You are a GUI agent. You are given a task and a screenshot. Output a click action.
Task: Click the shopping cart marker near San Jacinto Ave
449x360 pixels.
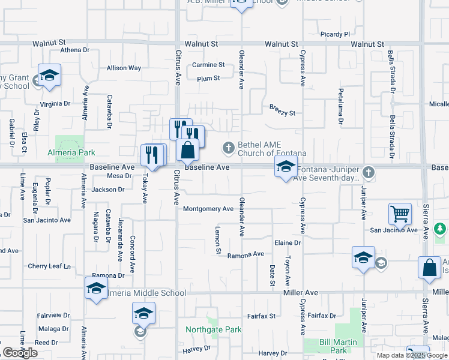pyautogui.click(x=400, y=214)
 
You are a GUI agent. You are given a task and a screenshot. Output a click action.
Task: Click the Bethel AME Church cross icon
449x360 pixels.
pyautogui.click(x=228, y=147)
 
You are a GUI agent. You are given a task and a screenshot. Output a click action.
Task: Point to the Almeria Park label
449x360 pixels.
pyautogui.click(x=71, y=153)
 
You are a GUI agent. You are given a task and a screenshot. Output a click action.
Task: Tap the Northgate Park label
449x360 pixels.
pyautogui.click(x=213, y=329)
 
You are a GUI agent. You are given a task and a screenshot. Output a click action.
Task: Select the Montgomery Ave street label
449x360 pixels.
pyautogui.click(x=208, y=209)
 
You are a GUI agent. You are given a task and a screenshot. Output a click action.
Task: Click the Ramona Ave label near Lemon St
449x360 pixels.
pyautogui.click(x=246, y=254)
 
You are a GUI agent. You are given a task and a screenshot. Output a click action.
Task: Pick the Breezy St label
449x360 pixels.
pyautogui.click(x=282, y=113)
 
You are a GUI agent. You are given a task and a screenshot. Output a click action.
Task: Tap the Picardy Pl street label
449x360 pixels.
pyautogui.click(x=335, y=34)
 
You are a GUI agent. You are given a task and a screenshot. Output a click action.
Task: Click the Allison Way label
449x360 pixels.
pyautogui.click(x=124, y=68)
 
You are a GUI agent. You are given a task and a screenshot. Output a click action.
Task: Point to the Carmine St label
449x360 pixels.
pyautogui.click(x=208, y=65)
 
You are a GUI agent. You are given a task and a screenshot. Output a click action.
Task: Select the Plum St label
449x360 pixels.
pyautogui.click(x=208, y=78)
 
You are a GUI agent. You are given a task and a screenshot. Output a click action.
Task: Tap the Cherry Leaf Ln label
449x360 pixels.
pyautogui.click(x=49, y=266)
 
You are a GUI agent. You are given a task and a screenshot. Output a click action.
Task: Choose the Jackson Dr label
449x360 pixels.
pyautogui.click(x=109, y=190)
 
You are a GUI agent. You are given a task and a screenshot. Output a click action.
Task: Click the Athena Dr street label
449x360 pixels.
pyautogui.click(x=74, y=50)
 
